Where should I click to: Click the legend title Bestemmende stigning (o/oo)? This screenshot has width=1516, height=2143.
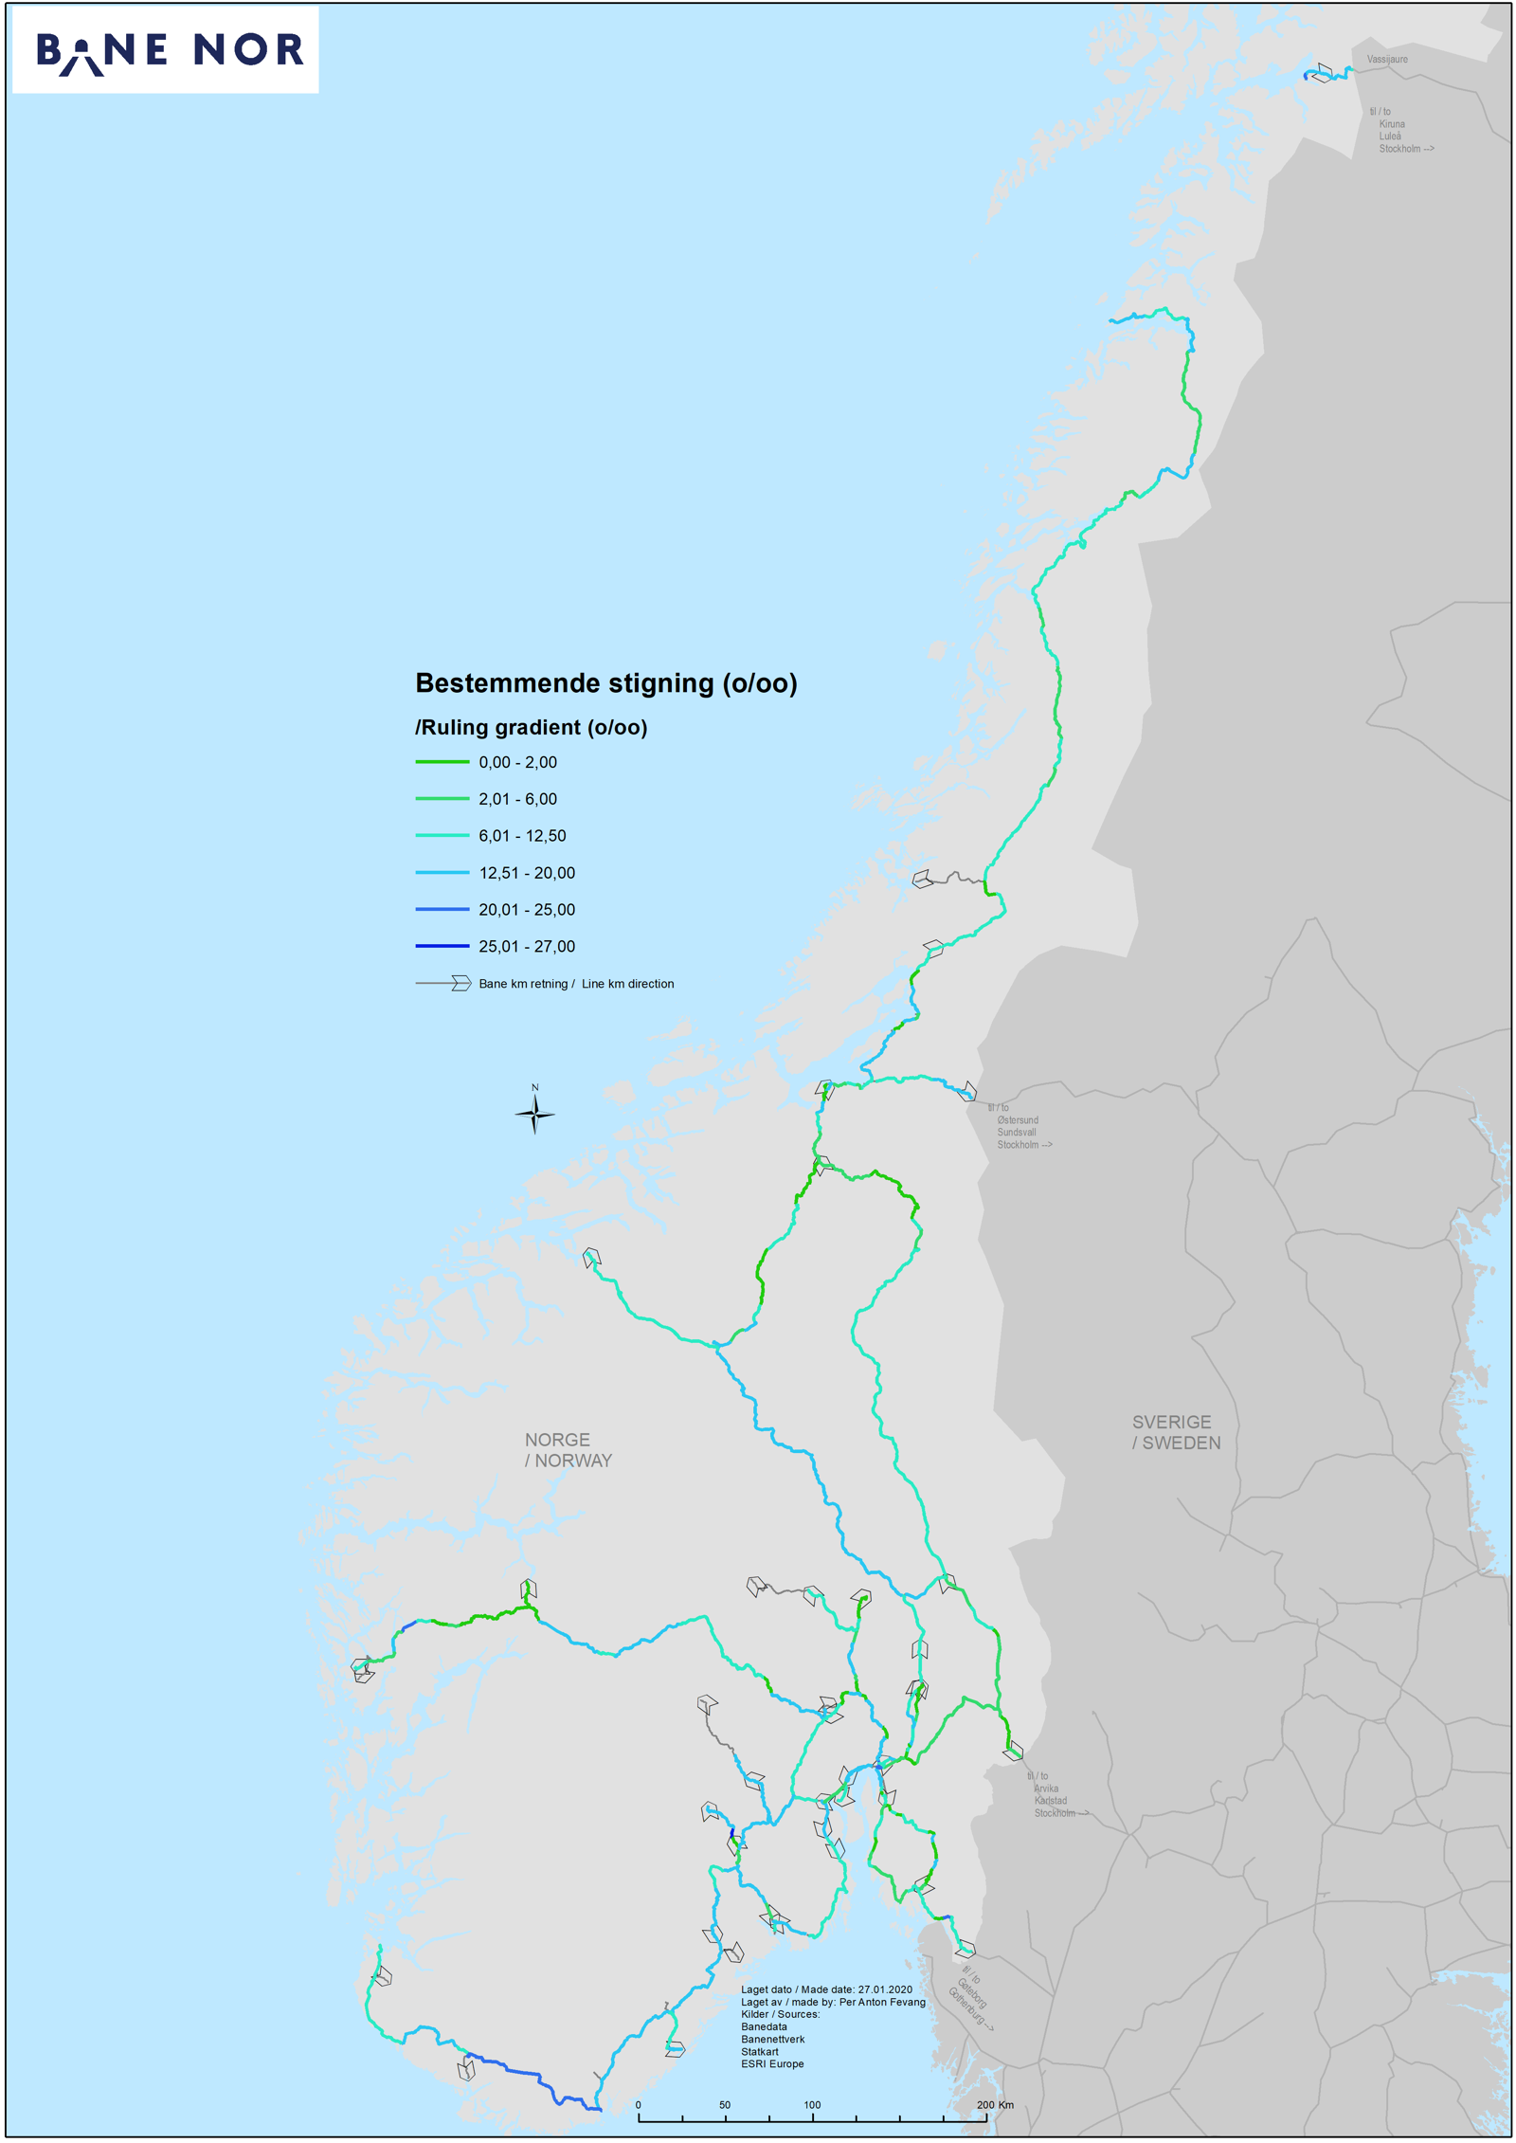point(605,683)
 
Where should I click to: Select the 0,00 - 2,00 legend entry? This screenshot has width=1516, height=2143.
point(517,762)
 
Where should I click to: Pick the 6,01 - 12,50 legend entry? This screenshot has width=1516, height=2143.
point(521,836)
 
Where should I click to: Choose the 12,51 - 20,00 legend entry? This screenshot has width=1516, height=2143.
point(526,873)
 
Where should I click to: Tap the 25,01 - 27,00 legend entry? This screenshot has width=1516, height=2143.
point(526,947)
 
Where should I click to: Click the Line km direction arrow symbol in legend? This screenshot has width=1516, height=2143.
point(460,984)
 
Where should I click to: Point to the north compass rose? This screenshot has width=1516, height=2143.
point(534,1114)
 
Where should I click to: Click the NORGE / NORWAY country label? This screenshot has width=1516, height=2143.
point(568,1450)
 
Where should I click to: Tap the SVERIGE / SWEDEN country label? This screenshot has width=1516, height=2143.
point(1175,1432)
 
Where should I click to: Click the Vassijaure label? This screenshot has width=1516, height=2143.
point(1386,60)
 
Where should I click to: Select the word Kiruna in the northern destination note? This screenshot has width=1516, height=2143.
point(1391,124)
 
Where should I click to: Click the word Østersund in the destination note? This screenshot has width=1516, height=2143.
point(1017,1120)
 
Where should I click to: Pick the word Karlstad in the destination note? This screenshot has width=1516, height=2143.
point(1050,1801)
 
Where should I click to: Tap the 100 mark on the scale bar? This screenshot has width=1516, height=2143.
point(812,2105)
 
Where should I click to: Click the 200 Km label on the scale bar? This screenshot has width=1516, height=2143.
point(994,2105)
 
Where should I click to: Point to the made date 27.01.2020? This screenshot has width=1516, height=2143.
point(885,1990)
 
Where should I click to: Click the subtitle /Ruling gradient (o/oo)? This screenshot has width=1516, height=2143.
point(531,728)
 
